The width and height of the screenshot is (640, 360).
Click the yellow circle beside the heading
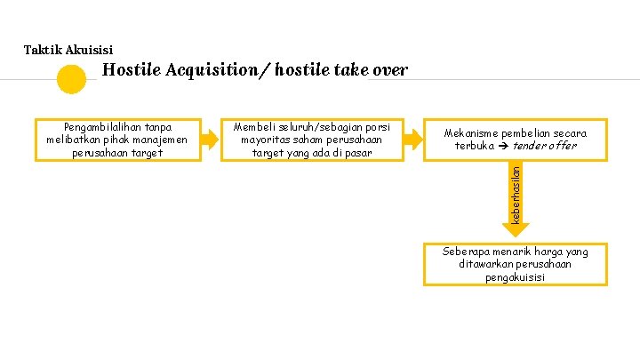click(71, 80)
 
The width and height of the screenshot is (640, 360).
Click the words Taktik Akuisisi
click(68, 50)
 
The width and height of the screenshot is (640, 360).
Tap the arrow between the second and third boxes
click(413, 139)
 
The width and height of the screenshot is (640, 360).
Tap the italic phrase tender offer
click(546, 146)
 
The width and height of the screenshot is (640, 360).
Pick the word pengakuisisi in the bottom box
click(515, 276)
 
